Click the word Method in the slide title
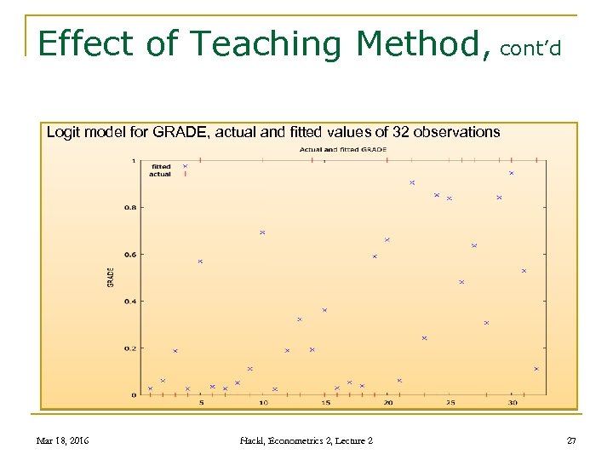pos(422,43)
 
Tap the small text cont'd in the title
pos(530,49)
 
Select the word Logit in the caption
pos(63,132)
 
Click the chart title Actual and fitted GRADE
pos(342,149)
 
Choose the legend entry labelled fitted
pos(160,166)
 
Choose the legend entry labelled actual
pos(160,174)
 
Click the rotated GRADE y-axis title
pos(111,277)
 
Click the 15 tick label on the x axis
pos(325,403)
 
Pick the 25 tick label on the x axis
pos(450,403)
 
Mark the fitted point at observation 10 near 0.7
pos(262,232)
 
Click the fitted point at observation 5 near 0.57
pos(200,262)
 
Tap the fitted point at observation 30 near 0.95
pos(511,173)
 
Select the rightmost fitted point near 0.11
pos(536,369)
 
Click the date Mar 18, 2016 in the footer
pos(63,440)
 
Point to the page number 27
pos(571,440)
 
